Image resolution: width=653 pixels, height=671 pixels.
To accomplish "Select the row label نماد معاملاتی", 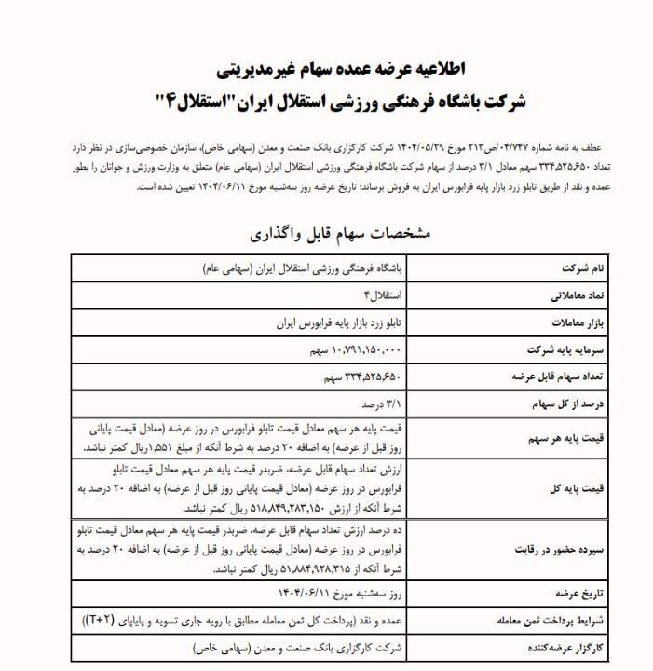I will [572, 295].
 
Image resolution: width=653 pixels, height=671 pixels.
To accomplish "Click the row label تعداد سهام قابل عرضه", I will [551, 377].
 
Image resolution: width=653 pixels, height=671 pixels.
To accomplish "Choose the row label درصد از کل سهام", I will [563, 404].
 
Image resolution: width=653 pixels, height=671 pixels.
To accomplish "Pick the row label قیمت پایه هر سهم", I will [564, 437].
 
